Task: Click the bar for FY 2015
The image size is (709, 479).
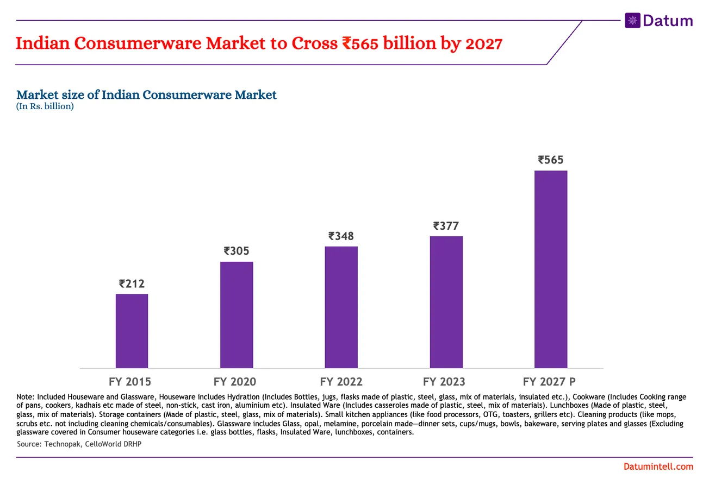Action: point(132,331)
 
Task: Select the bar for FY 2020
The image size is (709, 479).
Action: point(237,314)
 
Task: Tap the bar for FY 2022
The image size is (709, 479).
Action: point(341,307)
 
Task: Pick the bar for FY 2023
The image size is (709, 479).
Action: point(446,302)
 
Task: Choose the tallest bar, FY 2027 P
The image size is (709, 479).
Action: point(551,269)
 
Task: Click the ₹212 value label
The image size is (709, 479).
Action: point(132,283)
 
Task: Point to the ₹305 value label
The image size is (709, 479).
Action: point(237,251)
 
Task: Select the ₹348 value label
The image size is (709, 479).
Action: point(341,236)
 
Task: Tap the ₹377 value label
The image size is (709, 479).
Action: point(446,226)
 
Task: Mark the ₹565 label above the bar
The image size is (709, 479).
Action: point(551,160)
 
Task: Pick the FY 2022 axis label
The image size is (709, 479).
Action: point(341,381)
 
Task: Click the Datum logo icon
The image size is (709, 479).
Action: point(632,21)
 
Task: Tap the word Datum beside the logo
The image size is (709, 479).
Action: point(667,21)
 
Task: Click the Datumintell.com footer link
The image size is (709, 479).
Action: point(658,467)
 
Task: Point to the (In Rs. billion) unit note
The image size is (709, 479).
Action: point(45,106)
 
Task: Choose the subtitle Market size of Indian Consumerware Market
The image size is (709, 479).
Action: point(147,95)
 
